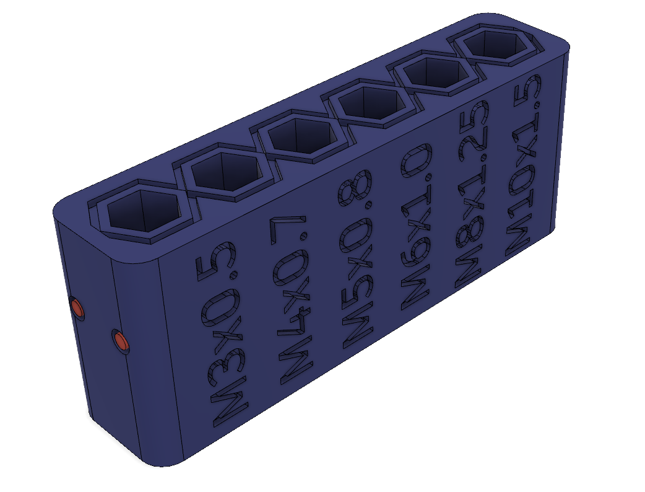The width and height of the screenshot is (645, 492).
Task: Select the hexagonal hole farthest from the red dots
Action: coord(492,46)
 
